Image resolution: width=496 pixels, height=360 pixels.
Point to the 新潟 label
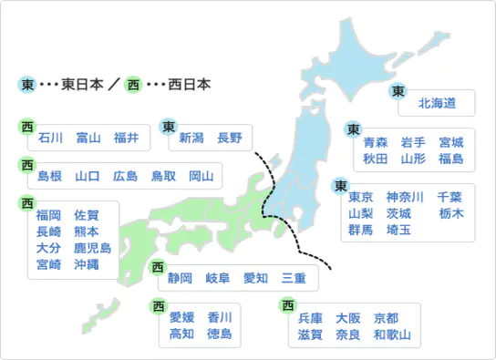coord(191,138)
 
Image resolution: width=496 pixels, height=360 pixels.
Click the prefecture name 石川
coord(50,138)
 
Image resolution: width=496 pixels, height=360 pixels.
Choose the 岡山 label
coord(201,176)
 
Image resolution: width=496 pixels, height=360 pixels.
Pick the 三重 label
coord(294,278)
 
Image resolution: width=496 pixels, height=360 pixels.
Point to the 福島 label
coord(450,159)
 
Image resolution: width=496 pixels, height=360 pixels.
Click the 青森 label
coord(376,142)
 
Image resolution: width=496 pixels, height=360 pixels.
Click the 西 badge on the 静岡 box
coord(158,267)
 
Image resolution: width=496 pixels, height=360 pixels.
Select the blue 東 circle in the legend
coord(28,85)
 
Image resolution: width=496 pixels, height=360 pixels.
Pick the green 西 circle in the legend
coord(134,85)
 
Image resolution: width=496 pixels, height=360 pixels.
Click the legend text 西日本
coord(191,85)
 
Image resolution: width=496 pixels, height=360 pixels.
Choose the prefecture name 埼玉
coord(398,230)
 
